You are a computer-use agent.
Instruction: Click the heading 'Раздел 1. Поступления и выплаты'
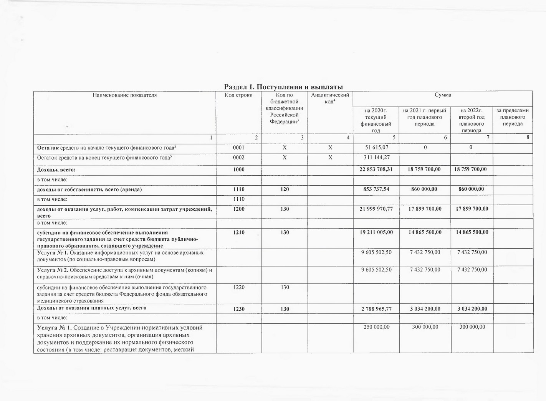[x=283, y=87]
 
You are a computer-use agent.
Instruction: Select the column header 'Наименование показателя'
[x=125, y=95]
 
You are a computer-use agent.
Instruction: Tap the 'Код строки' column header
[x=238, y=95]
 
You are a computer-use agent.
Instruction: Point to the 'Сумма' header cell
[x=443, y=95]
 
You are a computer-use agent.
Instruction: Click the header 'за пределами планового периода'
[x=513, y=117]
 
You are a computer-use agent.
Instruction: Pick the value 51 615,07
[x=376, y=148]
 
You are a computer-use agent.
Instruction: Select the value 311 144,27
[x=376, y=158]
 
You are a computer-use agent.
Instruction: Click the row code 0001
[x=238, y=148]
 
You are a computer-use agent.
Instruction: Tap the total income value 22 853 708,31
[x=376, y=170]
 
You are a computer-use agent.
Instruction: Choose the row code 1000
[x=238, y=170]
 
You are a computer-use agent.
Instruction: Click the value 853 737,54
[x=376, y=189]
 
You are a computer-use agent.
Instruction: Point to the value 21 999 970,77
[x=376, y=209]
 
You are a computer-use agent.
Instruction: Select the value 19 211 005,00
[x=376, y=232]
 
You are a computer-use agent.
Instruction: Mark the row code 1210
[x=238, y=232]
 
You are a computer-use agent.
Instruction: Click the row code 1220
[x=238, y=287]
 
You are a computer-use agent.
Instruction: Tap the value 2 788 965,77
[x=376, y=309]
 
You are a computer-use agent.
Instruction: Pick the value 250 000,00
[x=376, y=327]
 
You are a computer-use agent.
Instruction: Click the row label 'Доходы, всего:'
[x=56, y=170]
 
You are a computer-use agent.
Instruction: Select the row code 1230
[x=238, y=309]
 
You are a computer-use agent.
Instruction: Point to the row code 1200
[x=238, y=209]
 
